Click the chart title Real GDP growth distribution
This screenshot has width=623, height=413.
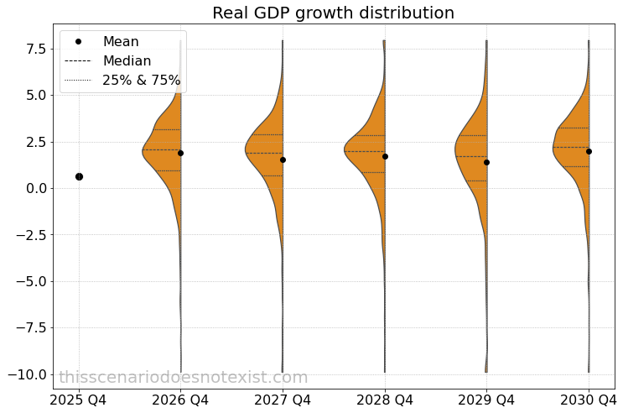333,13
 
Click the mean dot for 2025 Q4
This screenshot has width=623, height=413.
79,176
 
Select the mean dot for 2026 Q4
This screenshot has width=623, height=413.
180,153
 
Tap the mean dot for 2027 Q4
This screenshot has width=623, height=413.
283,159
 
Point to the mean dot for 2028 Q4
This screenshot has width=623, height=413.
385,156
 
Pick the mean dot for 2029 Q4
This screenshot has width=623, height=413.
486,162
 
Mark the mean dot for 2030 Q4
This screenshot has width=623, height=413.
589,151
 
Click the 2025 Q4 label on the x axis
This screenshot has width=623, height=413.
79,400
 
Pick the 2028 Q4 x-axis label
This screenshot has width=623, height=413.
385,400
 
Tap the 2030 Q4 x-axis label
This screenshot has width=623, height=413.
588,400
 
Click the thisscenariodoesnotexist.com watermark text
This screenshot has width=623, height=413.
183,378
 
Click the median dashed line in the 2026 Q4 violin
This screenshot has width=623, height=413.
162,150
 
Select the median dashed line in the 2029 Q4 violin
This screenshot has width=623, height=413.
471,156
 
